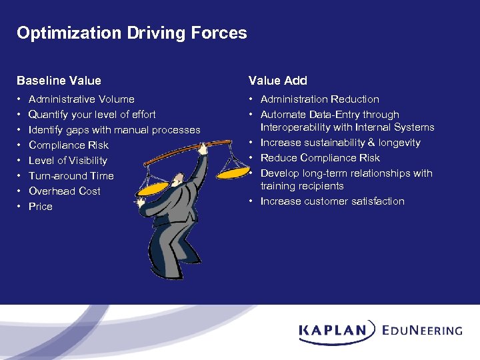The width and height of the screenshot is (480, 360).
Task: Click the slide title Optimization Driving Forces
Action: click(x=131, y=33)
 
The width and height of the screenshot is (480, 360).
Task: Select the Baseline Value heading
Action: click(x=59, y=81)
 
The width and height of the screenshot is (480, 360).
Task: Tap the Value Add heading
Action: click(x=277, y=81)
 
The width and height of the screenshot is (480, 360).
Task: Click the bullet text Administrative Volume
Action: click(x=81, y=99)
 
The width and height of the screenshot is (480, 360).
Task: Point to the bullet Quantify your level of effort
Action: click(x=92, y=115)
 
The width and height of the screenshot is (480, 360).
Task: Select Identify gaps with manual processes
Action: click(x=114, y=130)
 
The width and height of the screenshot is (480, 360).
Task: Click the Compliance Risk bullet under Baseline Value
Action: click(x=68, y=145)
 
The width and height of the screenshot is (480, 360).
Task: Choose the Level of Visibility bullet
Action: click(x=67, y=161)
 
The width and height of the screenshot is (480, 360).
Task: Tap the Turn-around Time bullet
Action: click(x=71, y=176)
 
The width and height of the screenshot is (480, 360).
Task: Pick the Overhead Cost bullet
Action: click(x=65, y=191)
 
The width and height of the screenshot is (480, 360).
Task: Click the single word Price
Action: click(x=40, y=207)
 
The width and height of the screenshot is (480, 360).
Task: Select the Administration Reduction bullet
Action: click(x=319, y=99)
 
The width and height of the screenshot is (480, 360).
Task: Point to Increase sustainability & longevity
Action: click(x=340, y=143)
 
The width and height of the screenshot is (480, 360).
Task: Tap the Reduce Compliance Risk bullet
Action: click(x=320, y=158)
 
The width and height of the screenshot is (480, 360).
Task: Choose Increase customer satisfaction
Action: click(x=332, y=201)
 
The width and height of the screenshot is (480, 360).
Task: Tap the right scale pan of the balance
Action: click(x=231, y=172)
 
